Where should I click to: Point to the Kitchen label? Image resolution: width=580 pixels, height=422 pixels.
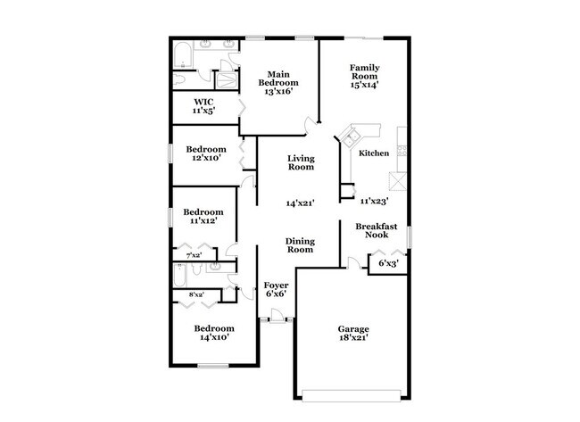[x=374, y=153]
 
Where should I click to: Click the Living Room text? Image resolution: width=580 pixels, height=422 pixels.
[x=301, y=163]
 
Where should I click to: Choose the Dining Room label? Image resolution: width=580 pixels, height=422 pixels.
[x=300, y=245]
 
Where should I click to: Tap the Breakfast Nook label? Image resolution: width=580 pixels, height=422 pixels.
[x=376, y=231]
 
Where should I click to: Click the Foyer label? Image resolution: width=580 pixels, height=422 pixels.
[x=277, y=285]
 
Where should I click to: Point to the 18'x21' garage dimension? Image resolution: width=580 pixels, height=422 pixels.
[x=352, y=338]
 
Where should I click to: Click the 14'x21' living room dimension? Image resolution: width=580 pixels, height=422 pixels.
[x=300, y=203]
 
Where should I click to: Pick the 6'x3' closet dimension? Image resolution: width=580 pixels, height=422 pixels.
[x=388, y=263]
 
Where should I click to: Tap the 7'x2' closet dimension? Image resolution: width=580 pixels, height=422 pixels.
[x=193, y=255]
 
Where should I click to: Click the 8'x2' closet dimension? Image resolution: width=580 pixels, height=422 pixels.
[x=195, y=294]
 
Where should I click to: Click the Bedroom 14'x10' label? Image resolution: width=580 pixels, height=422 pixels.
[x=215, y=333]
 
